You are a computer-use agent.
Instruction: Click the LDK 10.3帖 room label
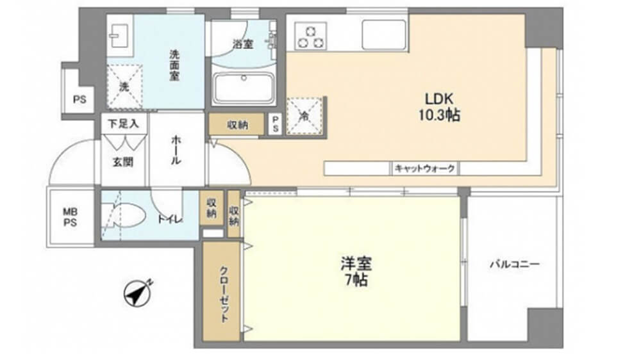tap(438, 107)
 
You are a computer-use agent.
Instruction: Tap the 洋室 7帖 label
tap(356, 272)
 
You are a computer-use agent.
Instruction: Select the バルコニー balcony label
tap(515, 264)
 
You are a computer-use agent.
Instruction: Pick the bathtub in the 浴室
tap(244, 88)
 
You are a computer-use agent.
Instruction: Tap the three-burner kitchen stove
tap(311, 36)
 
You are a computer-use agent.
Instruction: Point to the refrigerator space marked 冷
tap(304, 116)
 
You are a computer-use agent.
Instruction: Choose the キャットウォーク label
tap(424, 168)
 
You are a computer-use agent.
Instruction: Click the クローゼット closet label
tap(224, 294)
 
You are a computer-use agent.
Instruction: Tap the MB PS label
tap(71, 217)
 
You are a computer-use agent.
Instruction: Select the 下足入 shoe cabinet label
tap(123, 124)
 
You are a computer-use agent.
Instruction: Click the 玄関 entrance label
tap(122, 162)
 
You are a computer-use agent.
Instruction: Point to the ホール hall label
tap(176, 151)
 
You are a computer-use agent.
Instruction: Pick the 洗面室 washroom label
tap(174, 65)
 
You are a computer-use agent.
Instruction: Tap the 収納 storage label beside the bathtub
tap(238, 125)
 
